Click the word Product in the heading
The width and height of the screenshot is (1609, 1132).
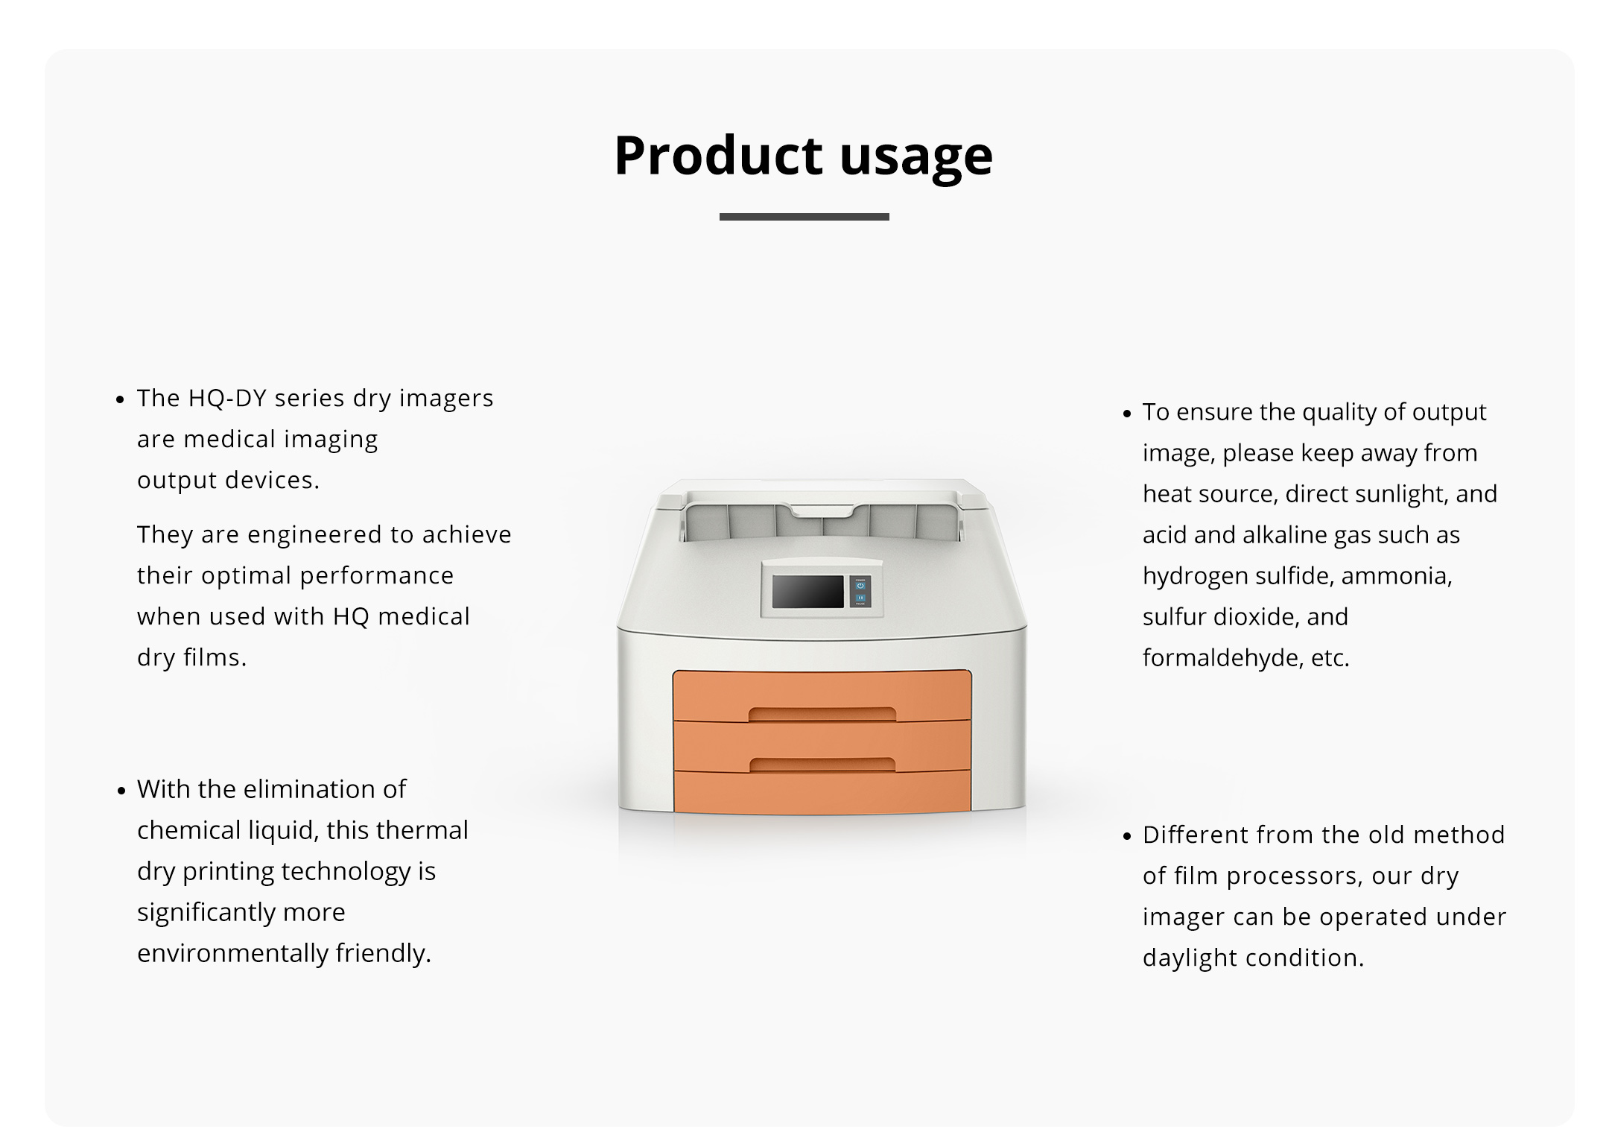point(717,155)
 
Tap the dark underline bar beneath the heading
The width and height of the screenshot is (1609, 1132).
point(804,217)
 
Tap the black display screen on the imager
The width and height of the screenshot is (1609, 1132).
point(807,592)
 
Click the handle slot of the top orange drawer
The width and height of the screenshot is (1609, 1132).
point(822,715)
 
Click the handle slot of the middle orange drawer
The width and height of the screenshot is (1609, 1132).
point(822,765)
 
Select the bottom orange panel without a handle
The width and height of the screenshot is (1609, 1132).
point(822,791)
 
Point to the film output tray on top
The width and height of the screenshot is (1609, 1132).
point(822,514)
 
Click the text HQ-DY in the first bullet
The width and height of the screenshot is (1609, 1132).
point(227,398)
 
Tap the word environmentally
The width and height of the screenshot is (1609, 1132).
point(232,953)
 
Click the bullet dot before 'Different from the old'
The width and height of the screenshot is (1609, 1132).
point(1127,837)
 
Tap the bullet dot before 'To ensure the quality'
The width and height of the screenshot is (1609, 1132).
point(1127,414)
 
